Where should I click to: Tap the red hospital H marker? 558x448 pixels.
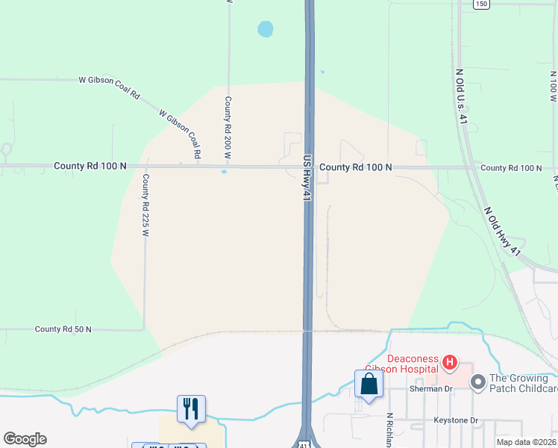point(449,364)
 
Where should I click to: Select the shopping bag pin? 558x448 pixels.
point(369,384)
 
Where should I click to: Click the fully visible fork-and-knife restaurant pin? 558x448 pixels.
point(191,408)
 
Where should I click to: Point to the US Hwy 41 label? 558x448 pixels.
point(306,178)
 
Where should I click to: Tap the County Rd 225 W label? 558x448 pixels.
point(146,205)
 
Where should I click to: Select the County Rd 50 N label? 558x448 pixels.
point(63,329)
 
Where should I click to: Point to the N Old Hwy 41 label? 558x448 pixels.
point(501,233)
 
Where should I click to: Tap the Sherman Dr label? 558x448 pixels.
point(432,389)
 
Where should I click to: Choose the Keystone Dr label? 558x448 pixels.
point(456,420)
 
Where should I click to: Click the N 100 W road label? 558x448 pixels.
point(553,87)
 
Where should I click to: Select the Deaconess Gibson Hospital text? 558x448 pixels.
point(401,363)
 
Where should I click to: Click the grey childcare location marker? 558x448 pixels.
point(477,382)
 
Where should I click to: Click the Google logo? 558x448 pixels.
point(25,439)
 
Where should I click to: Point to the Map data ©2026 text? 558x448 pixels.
point(527,442)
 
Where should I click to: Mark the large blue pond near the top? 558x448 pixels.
point(265,29)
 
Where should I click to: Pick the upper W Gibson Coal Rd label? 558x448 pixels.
point(110,87)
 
